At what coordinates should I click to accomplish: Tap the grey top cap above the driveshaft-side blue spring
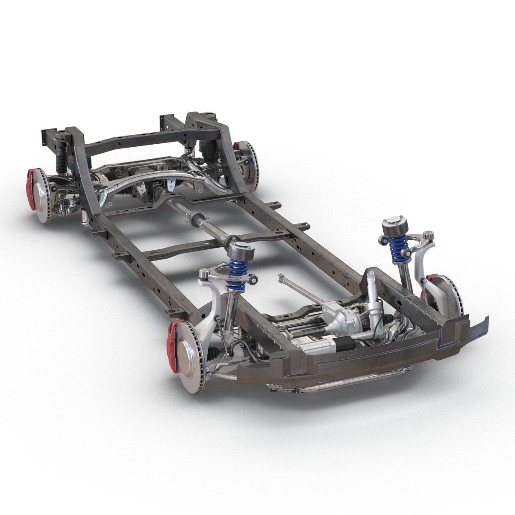(x=237, y=248)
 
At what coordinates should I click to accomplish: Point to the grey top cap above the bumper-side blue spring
(x=390, y=225)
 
